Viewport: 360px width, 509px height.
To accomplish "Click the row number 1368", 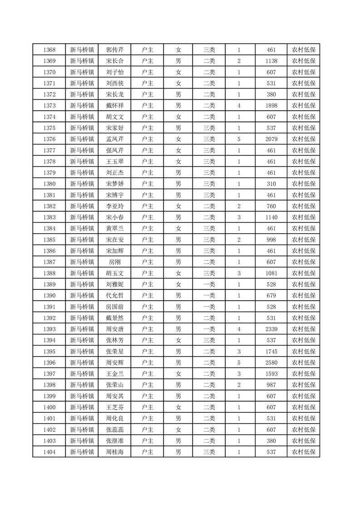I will (49, 50).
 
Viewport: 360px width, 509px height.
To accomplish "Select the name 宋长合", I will (114, 61).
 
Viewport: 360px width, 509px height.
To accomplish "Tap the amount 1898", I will (271, 106).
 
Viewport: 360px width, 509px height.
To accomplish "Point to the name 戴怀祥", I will (114, 106).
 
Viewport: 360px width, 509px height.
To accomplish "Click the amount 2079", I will (271, 139).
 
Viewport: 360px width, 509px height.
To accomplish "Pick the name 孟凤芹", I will (114, 139).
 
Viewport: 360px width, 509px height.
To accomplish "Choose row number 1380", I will (49, 184).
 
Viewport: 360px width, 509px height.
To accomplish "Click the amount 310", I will (271, 184).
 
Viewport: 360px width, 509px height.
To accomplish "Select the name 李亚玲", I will (114, 206).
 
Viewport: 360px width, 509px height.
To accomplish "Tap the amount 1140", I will (271, 217).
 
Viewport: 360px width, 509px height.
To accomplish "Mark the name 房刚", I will (114, 262).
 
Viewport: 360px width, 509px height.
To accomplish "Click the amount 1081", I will (271, 273).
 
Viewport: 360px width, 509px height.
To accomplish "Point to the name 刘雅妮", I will (114, 284).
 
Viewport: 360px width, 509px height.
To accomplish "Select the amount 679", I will (271, 295).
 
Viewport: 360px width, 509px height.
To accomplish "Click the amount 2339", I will (271, 329).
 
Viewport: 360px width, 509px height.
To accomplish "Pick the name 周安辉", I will (114, 362).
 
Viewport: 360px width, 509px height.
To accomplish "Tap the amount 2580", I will (271, 362).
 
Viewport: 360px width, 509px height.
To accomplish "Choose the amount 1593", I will (271, 373).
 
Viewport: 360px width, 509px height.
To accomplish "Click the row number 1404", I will (49, 452).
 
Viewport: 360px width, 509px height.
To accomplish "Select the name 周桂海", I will (114, 452).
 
